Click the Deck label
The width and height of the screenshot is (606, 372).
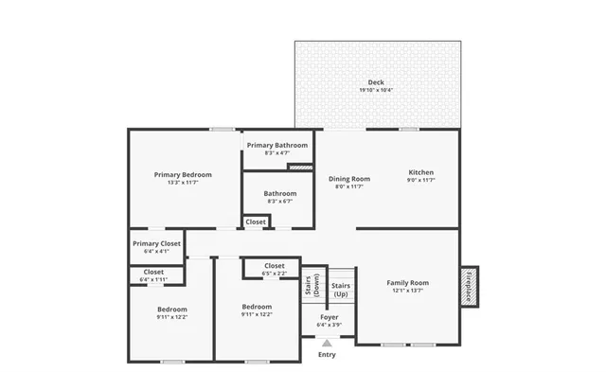(x=376, y=82)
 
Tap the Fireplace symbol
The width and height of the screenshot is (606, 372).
(x=469, y=286)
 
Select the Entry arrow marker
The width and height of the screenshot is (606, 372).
(x=327, y=344)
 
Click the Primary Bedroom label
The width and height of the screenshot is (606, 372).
(x=183, y=174)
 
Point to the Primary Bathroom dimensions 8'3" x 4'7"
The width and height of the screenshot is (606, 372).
(x=278, y=153)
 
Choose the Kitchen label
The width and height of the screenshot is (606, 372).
(x=420, y=172)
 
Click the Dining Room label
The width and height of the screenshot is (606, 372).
(x=349, y=179)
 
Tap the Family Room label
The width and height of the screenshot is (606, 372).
(x=406, y=283)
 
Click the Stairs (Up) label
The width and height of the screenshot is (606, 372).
(x=341, y=289)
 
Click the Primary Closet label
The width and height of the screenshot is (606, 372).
(x=156, y=243)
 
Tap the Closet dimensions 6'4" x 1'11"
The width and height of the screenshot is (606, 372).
(x=153, y=280)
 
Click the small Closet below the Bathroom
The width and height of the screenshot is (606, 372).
(x=256, y=221)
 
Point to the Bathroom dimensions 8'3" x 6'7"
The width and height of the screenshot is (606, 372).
(x=280, y=201)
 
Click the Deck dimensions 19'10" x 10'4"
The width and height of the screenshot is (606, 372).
(x=376, y=90)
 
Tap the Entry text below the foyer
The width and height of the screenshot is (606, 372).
(x=327, y=355)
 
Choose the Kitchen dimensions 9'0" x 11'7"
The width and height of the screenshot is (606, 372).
(x=420, y=180)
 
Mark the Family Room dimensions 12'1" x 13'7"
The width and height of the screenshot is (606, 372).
(x=406, y=291)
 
